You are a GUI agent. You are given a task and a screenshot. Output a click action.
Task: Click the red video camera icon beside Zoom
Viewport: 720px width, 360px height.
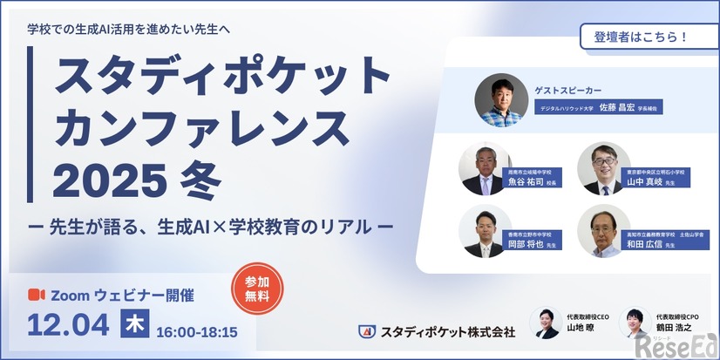tap(37, 295)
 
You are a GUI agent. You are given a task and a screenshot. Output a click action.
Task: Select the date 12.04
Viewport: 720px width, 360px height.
tap(69, 325)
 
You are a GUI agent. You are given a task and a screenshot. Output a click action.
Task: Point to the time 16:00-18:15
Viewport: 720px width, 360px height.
tap(196, 332)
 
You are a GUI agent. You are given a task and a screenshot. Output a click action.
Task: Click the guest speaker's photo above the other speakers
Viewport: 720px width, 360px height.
tap(501, 100)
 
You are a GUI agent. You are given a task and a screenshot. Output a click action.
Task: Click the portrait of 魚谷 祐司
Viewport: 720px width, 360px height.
tap(485, 168)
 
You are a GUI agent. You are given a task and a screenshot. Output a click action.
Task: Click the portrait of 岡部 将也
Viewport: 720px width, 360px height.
tap(485, 231)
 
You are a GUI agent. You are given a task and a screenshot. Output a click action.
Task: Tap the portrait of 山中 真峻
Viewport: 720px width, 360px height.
tap(603, 168)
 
